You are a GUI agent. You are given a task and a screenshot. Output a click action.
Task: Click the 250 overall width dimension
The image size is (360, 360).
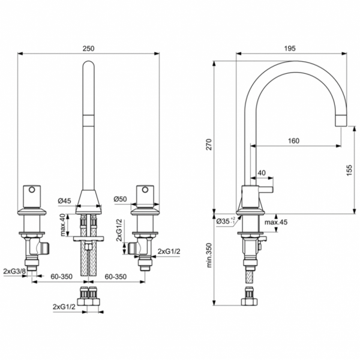click(89, 49)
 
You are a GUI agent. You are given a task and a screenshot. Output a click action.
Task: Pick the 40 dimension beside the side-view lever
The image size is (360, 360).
click(261, 173)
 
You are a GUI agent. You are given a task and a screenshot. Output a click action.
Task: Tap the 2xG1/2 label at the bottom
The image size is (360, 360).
click(64, 307)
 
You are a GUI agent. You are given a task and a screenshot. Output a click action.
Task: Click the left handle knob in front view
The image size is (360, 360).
click(31, 196)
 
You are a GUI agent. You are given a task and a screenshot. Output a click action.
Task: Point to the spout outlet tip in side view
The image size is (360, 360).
click(340, 121)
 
